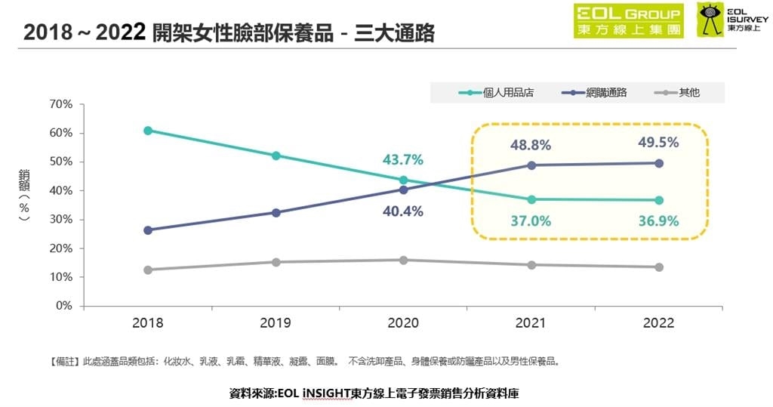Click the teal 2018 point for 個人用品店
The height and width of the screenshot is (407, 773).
pyautogui.click(x=148, y=131)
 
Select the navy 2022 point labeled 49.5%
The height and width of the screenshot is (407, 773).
pyautogui.click(x=659, y=163)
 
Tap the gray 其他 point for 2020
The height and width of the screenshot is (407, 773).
pyautogui.click(x=403, y=260)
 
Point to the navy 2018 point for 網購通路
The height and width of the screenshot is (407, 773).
pyautogui.click(x=148, y=230)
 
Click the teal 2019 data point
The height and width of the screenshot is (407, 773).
pyautogui.click(x=276, y=156)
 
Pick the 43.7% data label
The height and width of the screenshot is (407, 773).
pyautogui.click(x=402, y=160)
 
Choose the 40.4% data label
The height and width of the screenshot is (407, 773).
pyautogui.click(x=402, y=211)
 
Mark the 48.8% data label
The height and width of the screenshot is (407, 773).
pyautogui.click(x=530, y=145)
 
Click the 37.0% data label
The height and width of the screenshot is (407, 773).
pyautogui.click(x=530, y=221)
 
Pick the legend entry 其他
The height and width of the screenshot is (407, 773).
pyautogui.click(x=679, y=93)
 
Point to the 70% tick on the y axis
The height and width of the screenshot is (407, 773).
pyautogui.click(x=60, y=103)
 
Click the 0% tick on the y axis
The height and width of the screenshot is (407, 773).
pyautogui.click(x=63, y=306)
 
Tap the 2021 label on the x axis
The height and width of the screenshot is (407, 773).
pyautogui.click(x=531, y=322)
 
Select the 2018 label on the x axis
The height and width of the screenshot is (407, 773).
pyautogui.click(x=148, y=322)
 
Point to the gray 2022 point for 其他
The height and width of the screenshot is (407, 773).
pyautogui.click(x=659, y=267)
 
